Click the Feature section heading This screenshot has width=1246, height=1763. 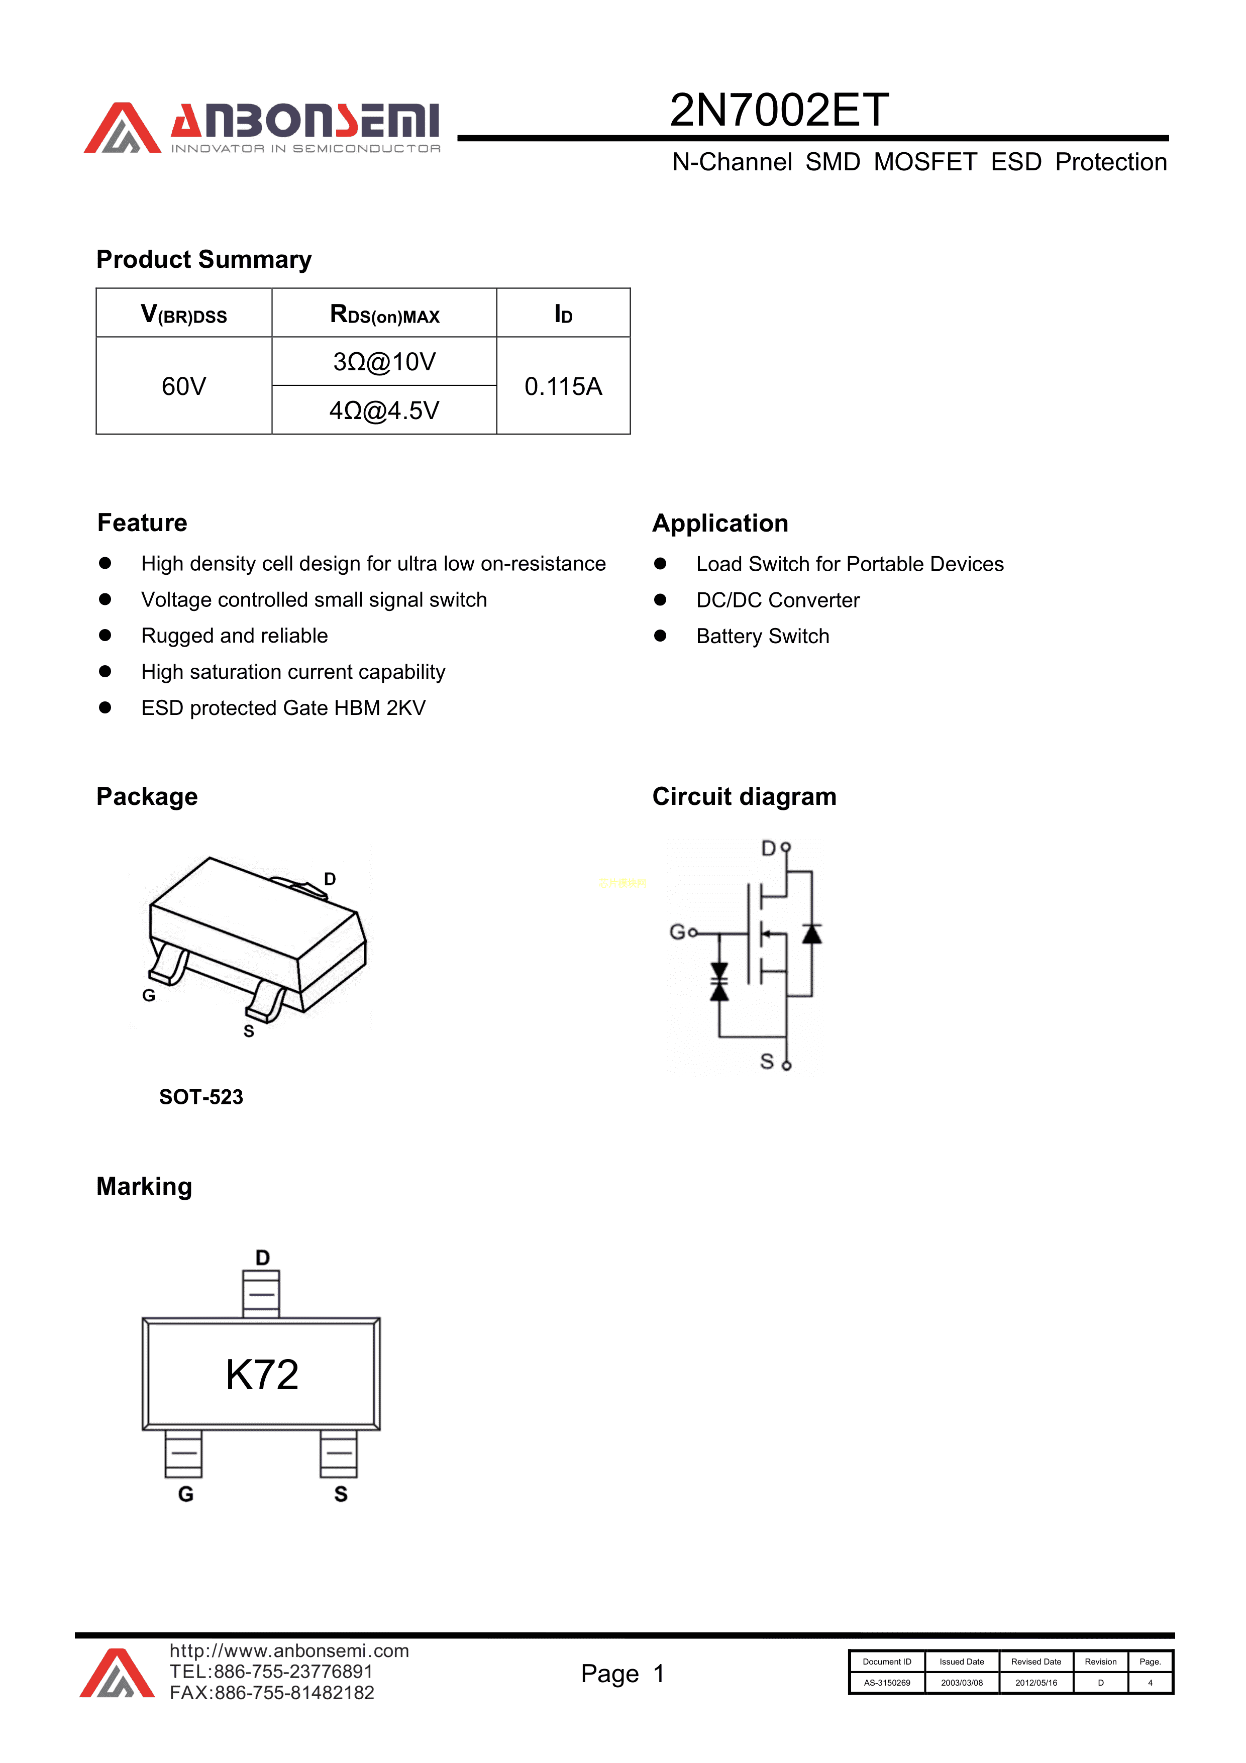click(142, 523)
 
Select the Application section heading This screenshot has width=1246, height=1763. click(719, 524)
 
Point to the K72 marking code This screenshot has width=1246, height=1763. click(262, 1375)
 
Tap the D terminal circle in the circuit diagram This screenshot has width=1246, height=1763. click(785, 848)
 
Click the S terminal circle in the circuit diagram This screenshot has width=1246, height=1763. click(786, 1066)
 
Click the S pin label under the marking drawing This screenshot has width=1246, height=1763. click(341, 1494)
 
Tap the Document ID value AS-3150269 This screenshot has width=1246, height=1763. click(887, 1683)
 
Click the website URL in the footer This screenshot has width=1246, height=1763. click(289, 1651)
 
